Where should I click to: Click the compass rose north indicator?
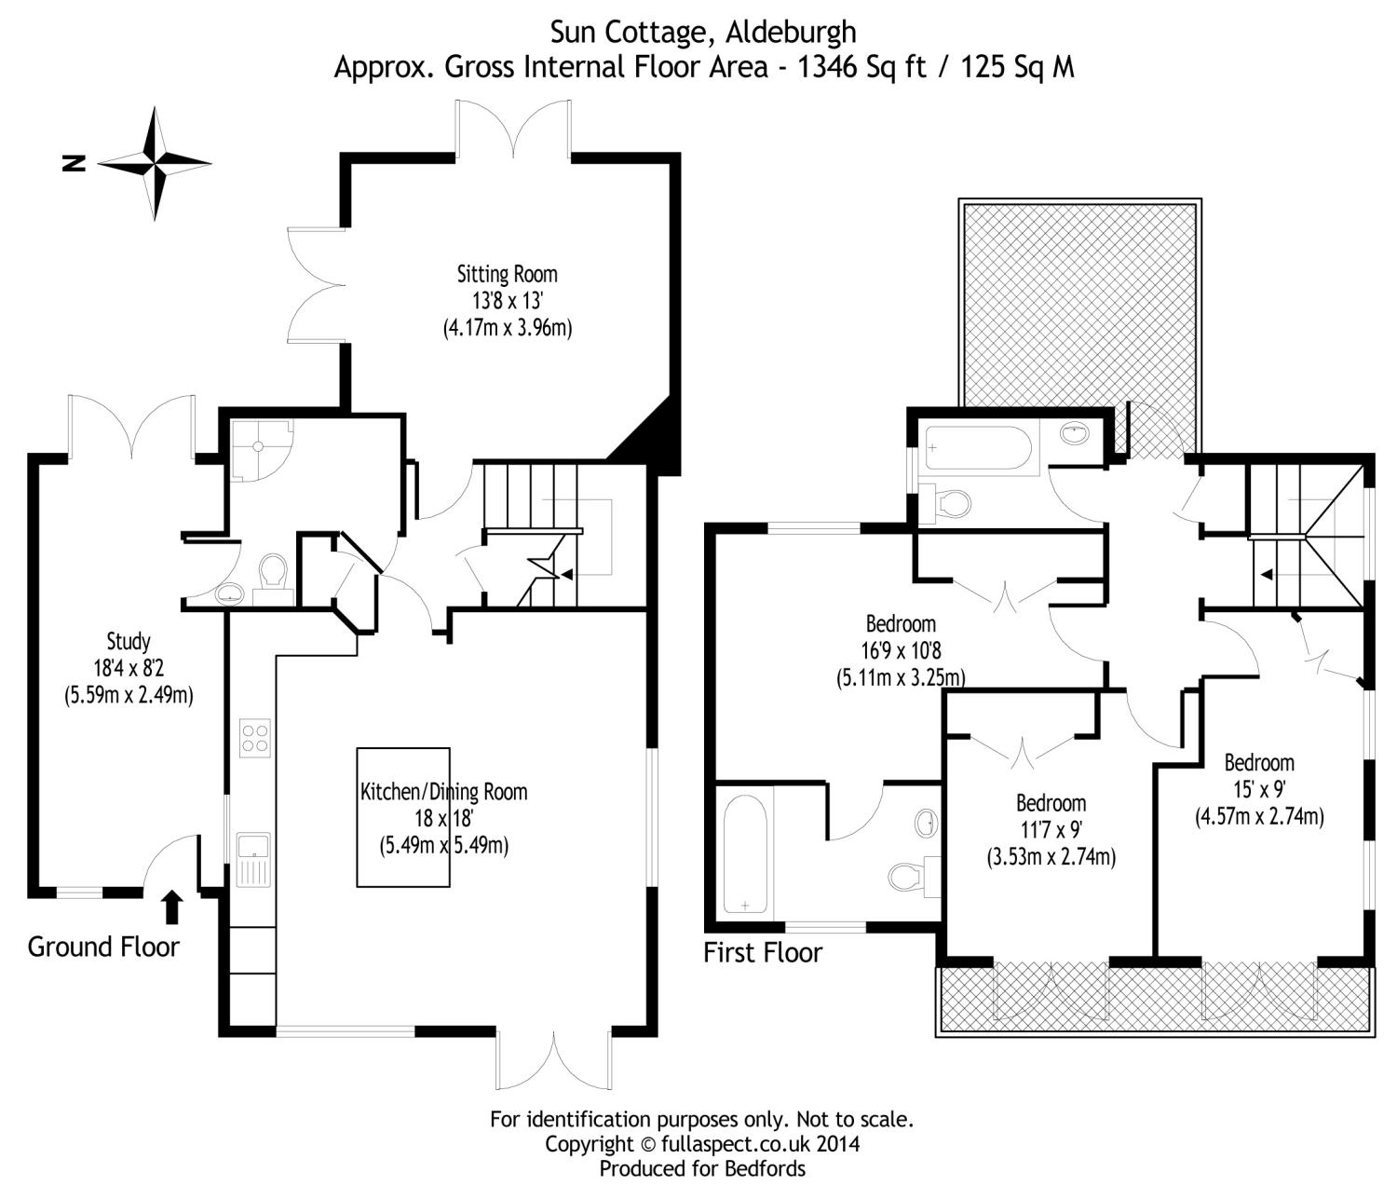tap(155, 164)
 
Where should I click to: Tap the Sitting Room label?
tap(507, 275)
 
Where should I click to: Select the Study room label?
tap(129, 642)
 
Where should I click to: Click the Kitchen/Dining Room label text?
tap(443, 793)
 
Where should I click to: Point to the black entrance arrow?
tap(173, 907)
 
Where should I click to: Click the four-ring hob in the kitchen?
tap(254, 738)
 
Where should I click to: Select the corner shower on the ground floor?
tap(258, 449)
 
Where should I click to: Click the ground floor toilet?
tap(273, 570)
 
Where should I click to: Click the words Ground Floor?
tap(103, 947)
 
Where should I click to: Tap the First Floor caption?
tap(763, 953)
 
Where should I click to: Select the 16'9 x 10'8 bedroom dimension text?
tap(901, 651)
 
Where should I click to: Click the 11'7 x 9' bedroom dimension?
tap(1051, 830)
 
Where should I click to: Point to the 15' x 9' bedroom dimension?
tap(1259, 790)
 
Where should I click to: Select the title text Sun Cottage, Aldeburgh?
tap(703, 33)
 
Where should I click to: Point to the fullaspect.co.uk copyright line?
tap(702, 1143)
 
